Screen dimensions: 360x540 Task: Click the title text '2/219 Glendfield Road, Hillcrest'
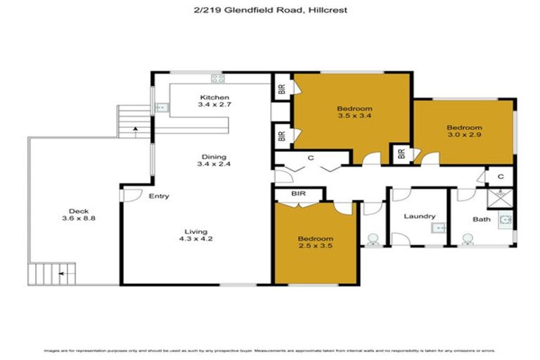point(269,11)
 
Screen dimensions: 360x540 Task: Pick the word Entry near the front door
point(159,196)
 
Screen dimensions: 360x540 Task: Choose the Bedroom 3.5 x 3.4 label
point(354,112)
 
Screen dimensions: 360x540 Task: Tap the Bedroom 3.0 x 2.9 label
point(465,131)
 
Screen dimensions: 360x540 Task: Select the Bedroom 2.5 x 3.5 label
point(315,243)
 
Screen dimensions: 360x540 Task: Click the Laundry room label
point(420,217)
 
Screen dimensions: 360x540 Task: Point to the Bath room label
point(482,219)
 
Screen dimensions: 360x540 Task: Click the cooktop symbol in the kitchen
point(217,79)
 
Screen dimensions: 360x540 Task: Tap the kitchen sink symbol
point(161,108)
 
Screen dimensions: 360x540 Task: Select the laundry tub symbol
point(437,228)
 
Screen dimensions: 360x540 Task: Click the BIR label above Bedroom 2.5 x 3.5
point(297,193)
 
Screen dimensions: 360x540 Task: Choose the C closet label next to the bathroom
point(500,176)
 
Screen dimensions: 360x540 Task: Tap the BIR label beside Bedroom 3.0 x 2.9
point(400,153)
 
